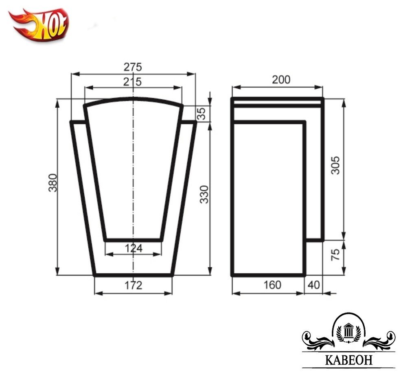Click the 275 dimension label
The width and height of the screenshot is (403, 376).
(x=133, y=67)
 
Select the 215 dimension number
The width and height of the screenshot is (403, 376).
(x=132, y=82)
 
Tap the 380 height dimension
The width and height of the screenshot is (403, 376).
(x=53, y=183)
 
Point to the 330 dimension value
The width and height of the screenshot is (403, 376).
(x=204, y=194)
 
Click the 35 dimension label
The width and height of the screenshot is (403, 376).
(x=202, y=114)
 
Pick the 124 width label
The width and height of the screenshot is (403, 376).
(x=134, y=248)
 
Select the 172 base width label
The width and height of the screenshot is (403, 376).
(x=133, y=285)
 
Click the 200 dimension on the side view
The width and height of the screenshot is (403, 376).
(x=281, y=80)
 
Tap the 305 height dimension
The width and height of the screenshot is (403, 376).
(x=335, y=165)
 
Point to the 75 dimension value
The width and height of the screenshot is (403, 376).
(x=335, y=255)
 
